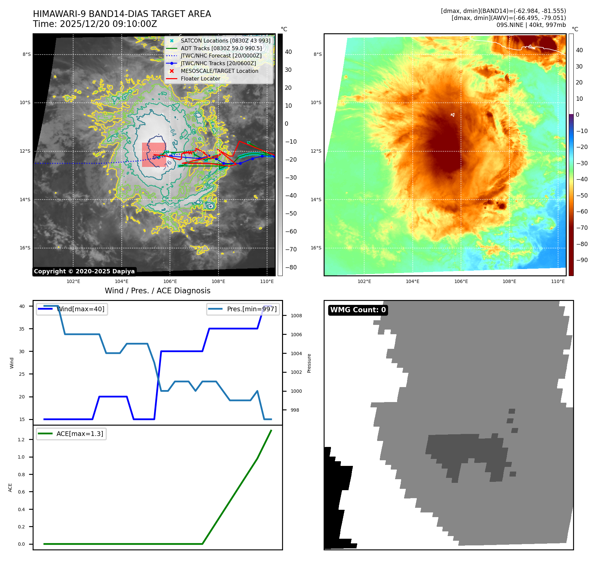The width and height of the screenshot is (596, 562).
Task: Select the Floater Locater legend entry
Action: click(200, 79)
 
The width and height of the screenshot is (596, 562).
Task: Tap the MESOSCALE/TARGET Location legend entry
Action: click(219, 71)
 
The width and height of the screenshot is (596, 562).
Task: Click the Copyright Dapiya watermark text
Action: click(84, 271)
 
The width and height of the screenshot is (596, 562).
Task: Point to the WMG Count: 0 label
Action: click(358, 310)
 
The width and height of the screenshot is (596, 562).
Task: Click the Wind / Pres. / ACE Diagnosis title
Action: click(157, 291)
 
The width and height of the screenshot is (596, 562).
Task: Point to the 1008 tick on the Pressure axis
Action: click(296, 316)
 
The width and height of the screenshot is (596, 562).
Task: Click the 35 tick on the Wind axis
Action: click(22, 329)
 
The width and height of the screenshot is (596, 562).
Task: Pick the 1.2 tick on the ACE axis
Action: click(21, 440)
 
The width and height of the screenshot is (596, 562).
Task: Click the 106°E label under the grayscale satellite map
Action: click(170, 282)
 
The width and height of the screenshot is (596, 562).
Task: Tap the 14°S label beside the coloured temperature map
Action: click(316, 200)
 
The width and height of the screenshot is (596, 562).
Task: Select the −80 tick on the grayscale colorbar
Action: click(291, 267)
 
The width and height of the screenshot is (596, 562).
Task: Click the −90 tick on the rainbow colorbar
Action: click(582, 260)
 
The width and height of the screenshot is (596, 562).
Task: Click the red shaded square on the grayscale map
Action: click(154, 155)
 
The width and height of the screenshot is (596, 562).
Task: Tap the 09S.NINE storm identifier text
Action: click(512, 25)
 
